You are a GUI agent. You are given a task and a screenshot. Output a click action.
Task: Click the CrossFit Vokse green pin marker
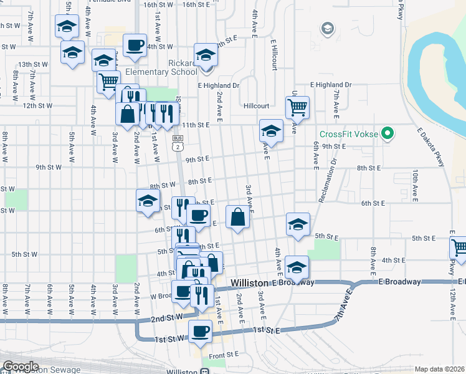387,134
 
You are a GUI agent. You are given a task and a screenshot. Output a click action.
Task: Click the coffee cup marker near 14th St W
135,46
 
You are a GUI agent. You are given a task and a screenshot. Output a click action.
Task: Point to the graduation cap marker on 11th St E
270,131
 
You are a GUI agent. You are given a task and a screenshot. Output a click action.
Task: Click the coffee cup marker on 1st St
200,331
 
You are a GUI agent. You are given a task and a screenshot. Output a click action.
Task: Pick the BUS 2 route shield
178,143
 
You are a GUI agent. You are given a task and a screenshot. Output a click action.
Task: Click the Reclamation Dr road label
326,180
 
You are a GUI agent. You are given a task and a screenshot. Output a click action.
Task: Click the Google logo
20,367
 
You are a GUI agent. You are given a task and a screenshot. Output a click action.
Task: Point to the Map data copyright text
440,369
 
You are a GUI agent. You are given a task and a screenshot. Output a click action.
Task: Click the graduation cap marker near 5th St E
298,224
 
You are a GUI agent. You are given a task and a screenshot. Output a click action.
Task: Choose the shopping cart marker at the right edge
459,247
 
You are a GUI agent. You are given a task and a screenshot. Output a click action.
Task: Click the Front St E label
224,354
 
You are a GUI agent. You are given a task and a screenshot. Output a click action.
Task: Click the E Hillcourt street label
273,55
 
